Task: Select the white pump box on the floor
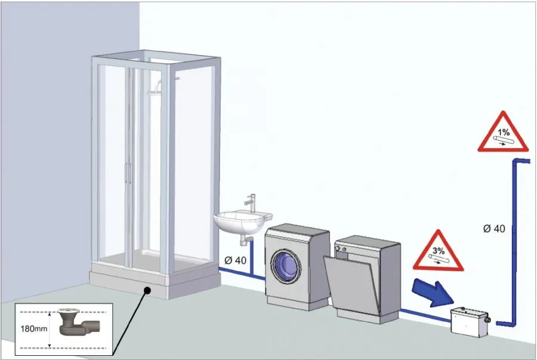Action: coord(470,321)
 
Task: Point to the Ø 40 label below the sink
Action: coord(235,260)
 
